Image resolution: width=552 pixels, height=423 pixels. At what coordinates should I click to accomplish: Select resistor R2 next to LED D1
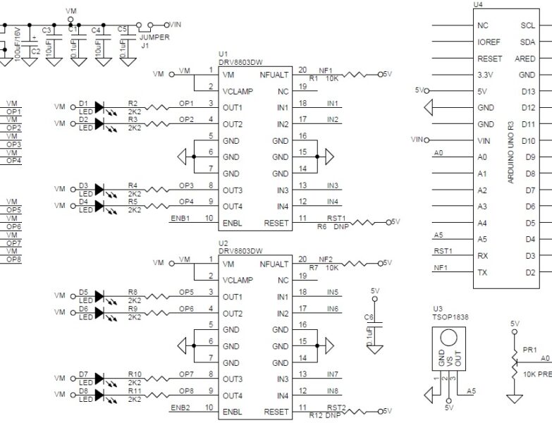(x=157, y=108)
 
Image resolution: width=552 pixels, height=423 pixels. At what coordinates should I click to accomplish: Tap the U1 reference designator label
(x=223, y=54)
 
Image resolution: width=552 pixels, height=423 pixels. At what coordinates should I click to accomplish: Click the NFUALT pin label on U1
(x=274, y=75)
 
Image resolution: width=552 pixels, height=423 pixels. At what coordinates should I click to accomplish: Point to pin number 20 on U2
(x=302, y=259)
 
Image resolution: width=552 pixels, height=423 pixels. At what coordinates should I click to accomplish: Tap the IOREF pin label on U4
(x=489, y=42)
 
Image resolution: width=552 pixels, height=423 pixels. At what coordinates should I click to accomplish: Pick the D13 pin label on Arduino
(x=527, y=92)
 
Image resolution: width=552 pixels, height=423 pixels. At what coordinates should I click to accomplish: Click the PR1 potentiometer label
(x=530, y=349)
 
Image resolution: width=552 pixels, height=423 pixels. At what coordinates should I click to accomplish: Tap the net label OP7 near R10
(x=186, y=374)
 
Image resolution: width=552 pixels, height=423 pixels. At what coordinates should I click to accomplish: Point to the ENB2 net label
(x=180, y=407)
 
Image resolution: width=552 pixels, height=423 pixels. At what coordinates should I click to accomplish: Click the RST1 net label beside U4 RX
(x=443, y=250)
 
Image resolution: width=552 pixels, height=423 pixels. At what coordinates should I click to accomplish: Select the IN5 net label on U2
(x=333, y=291)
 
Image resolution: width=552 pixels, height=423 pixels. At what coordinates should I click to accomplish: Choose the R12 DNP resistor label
(x=324, y=416)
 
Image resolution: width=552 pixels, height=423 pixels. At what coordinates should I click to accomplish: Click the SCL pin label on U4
(x=527, y=25)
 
